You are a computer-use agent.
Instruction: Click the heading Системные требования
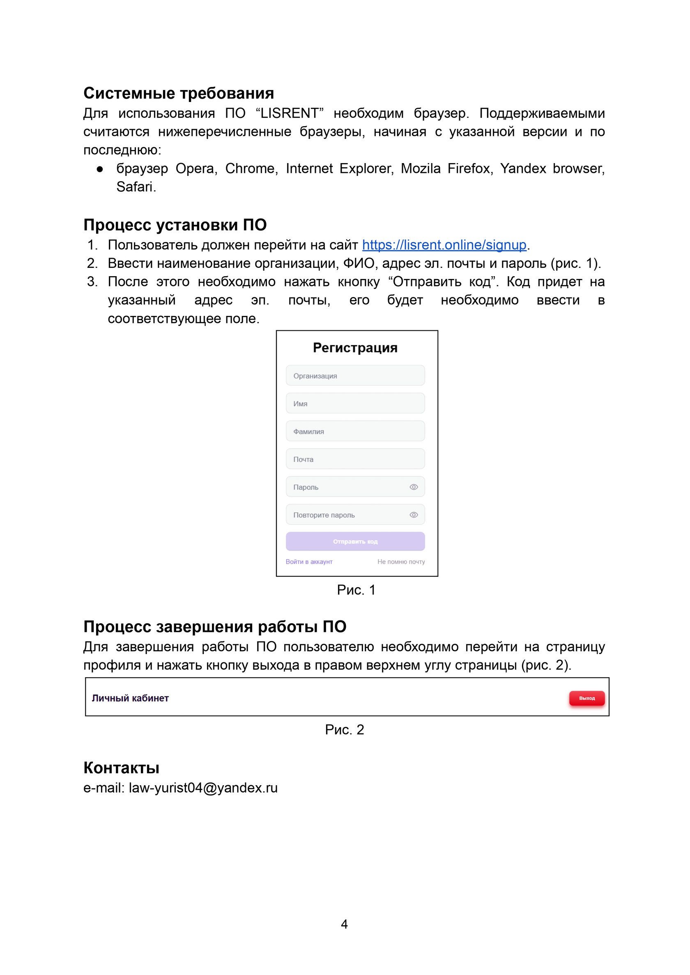click(178, 94)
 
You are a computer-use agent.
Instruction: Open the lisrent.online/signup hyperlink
click(444, 245)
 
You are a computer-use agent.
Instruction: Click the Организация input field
click(355, 376)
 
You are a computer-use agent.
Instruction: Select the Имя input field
click(355, 403)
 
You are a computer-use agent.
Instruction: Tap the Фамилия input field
click(355, 431)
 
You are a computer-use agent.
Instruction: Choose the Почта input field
click(355, 459)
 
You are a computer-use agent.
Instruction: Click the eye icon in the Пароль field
click(414, 487)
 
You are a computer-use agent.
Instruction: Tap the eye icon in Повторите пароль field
click(414, 515)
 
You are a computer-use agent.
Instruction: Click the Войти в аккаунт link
click(309, 562)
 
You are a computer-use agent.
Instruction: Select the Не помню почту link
click(401, 562)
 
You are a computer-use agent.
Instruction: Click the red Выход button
click(587, 698)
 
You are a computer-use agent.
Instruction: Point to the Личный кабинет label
click(131, 698)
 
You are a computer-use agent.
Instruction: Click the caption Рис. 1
click(356, 590)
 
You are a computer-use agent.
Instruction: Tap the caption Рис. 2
click(345, 730)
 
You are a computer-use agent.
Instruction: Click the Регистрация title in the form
click(355, 348)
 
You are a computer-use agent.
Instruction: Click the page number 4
click(344, 924)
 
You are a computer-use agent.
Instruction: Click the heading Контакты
click(122, 768)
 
